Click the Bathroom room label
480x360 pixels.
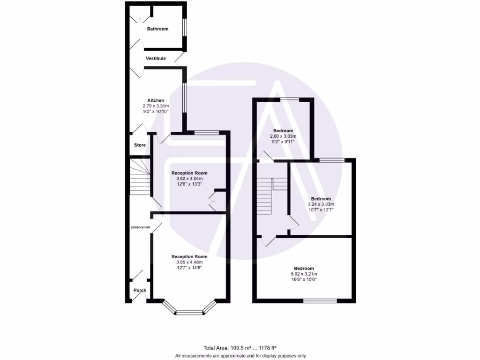pos(157,29)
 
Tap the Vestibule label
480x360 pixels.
pos(156,59)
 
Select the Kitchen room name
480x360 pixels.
pos(156,100)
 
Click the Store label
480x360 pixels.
pos(140,145)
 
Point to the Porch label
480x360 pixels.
pos(140,290)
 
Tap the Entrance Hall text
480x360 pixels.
pos(140,227)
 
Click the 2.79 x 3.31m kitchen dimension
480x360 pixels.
pos(156,106)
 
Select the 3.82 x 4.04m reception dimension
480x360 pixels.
pos(189,179)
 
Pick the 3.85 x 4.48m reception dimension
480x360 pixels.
pos(189,262)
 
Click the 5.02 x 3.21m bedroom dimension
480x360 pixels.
pos(304,274)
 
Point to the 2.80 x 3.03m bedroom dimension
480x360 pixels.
pos(283,136)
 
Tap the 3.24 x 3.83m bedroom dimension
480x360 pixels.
pos(321,204)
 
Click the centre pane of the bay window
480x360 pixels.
pos(190,312)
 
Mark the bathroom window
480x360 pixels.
pos(184,27)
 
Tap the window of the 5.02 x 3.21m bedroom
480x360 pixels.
pos(320,300)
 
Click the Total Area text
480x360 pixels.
pos(240,348)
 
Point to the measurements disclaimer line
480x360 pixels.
pos(240,356)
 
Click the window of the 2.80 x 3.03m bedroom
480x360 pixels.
pos(290,99)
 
